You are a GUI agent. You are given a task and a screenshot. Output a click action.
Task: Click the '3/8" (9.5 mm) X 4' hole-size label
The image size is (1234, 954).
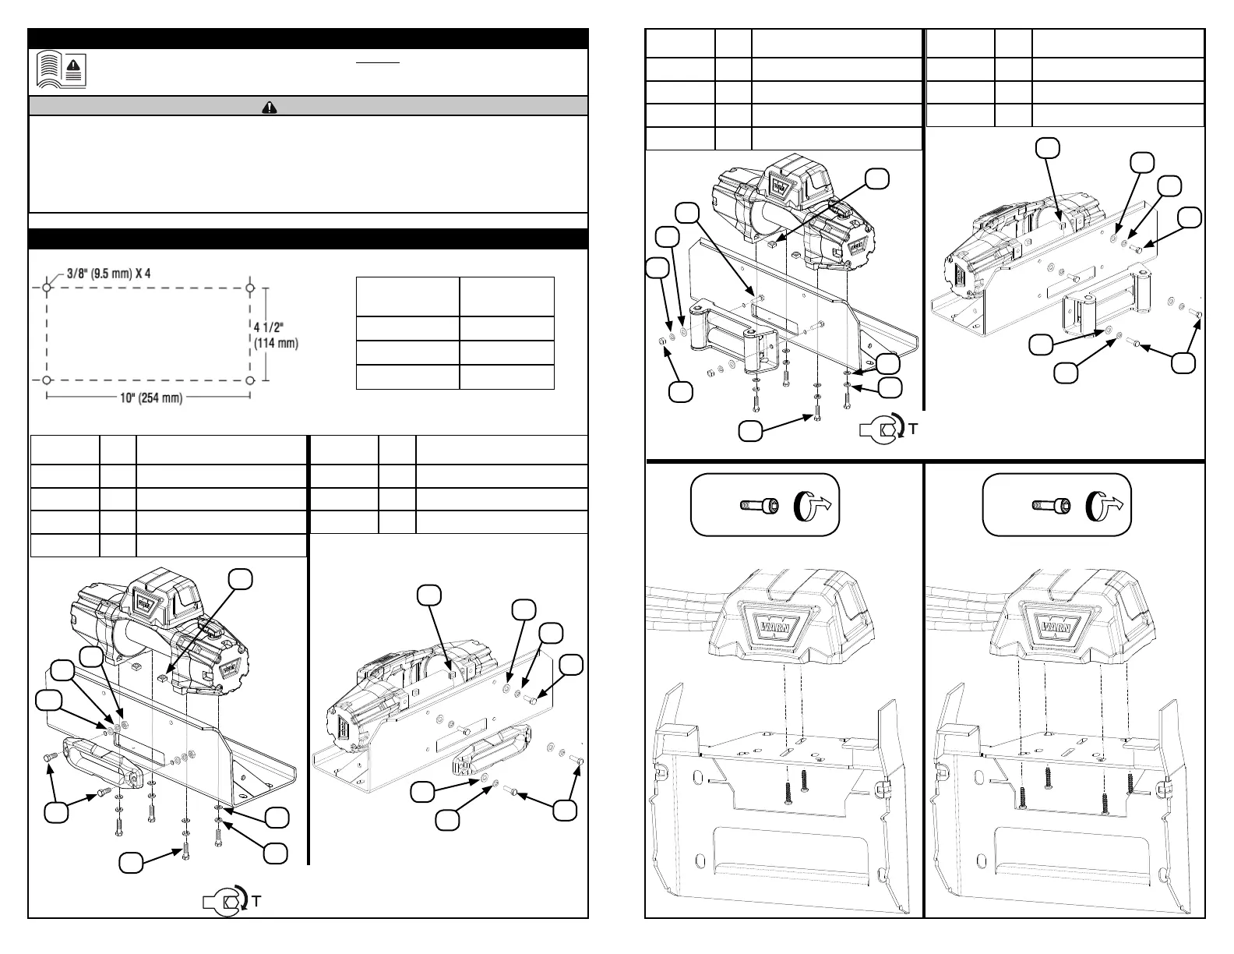(118, 274)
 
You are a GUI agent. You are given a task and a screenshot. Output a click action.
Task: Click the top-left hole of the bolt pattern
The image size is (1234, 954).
(47, 288)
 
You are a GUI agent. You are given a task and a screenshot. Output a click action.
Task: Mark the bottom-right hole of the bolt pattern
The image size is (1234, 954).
(250, 380)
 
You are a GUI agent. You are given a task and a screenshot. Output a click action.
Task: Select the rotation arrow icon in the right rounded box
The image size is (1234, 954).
(1106, 506)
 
